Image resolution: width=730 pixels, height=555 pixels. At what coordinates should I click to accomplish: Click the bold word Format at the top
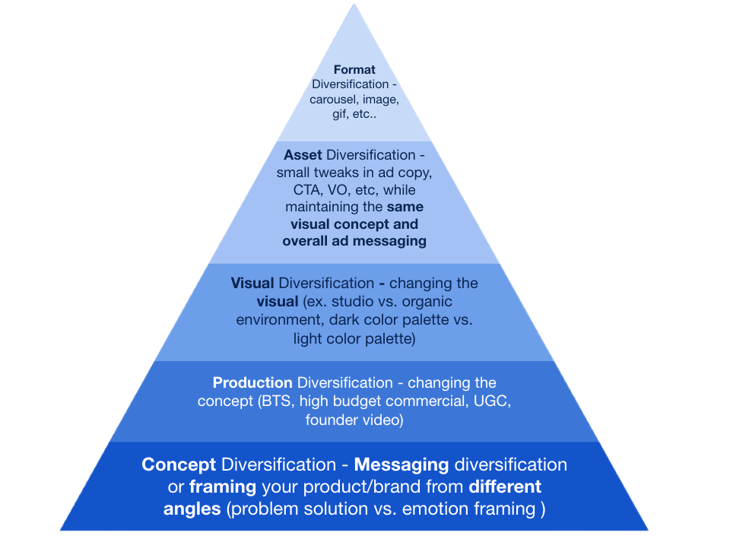click(354, 70)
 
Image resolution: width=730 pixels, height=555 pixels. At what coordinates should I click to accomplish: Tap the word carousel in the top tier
click(335, 100)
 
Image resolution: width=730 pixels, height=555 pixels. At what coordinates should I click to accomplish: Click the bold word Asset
click(303, 155)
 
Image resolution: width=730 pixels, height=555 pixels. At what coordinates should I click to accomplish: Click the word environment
click(275, 320)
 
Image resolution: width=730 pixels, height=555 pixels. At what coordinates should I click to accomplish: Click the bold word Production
click(252, 382)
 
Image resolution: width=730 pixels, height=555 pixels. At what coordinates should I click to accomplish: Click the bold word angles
click(192, 509)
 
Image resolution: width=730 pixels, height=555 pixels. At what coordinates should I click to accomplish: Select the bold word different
click(505, 487)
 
